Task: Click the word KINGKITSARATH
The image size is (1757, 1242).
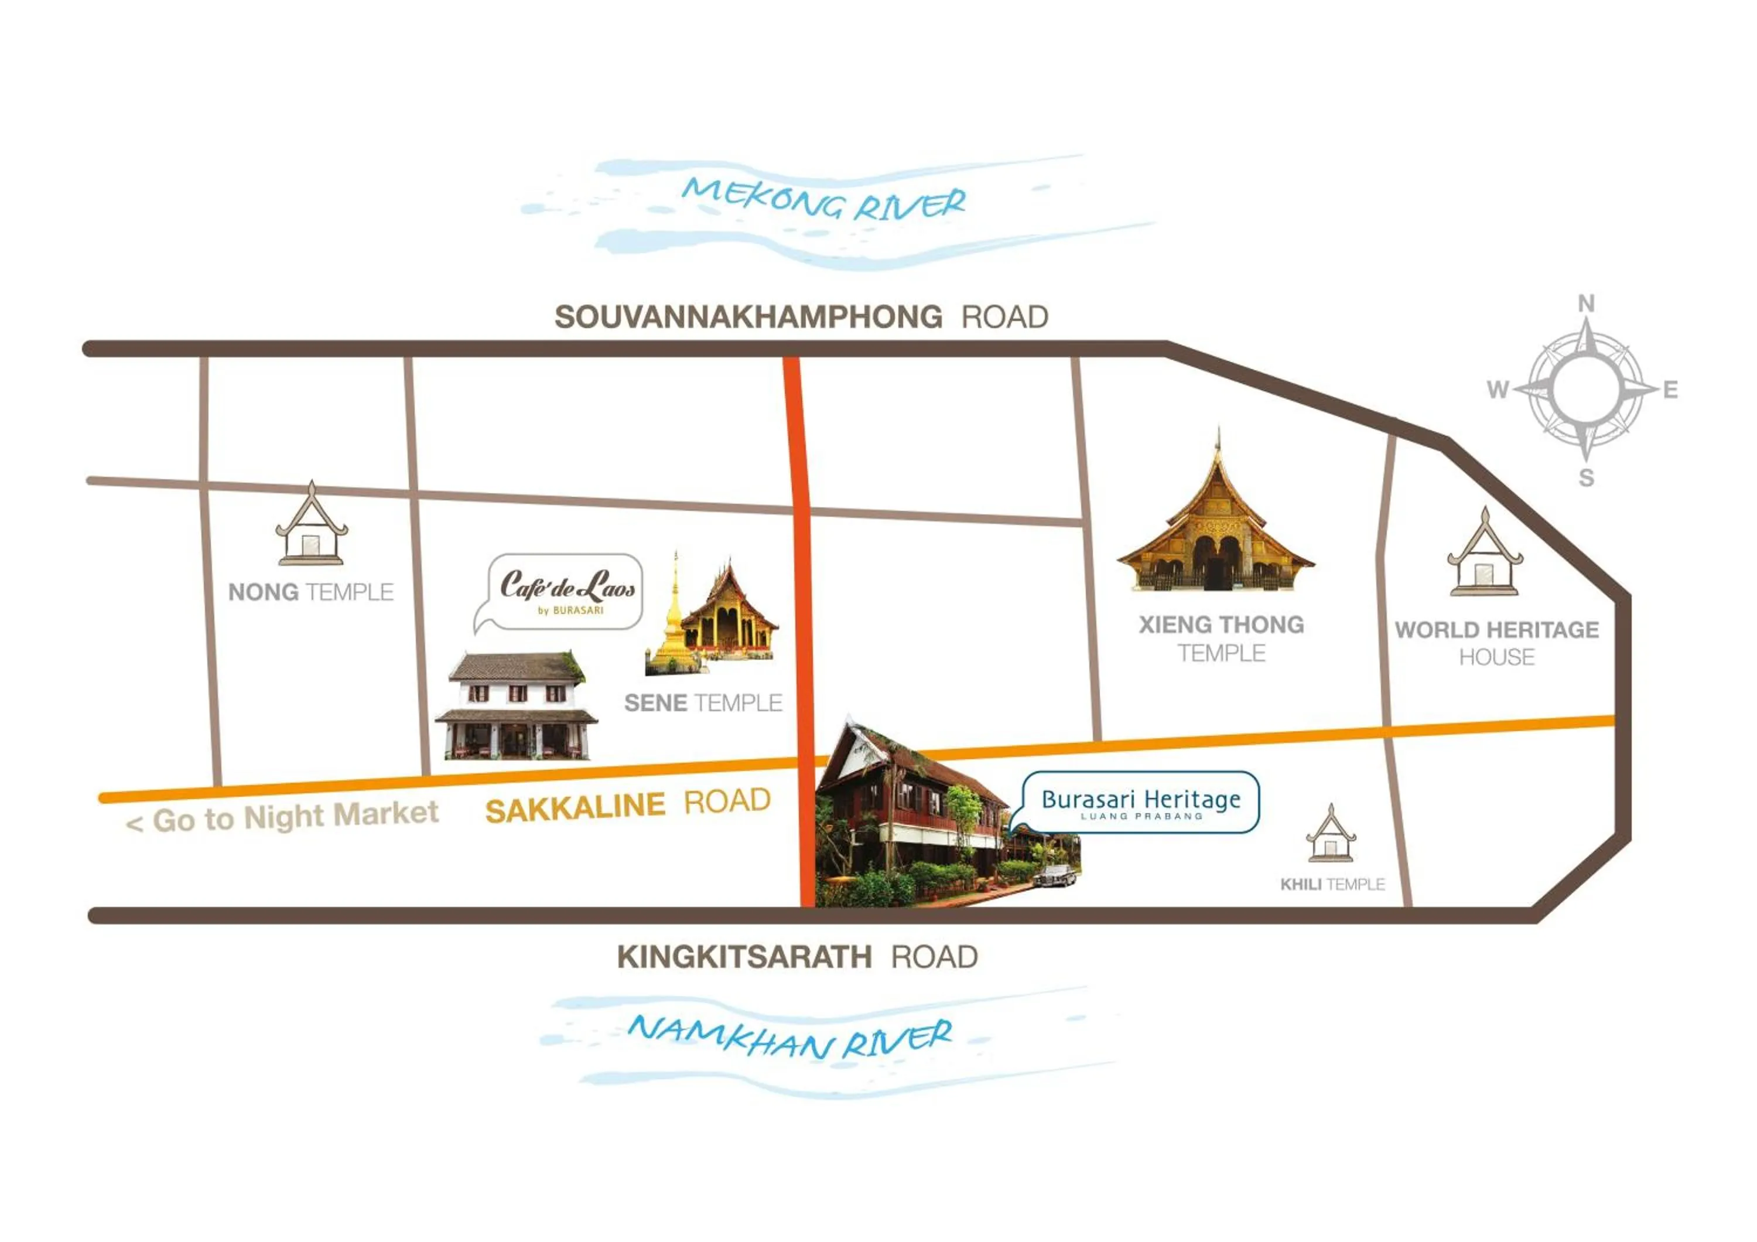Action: pos(744,957)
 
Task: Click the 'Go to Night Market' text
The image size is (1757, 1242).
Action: pos(283,817)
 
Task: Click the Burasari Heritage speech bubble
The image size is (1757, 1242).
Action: pos(1140,802)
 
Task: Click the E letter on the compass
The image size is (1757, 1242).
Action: pos(1670,390)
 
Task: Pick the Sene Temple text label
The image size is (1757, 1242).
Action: pos(702,702)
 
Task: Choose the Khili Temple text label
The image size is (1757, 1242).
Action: pos(1332,885)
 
